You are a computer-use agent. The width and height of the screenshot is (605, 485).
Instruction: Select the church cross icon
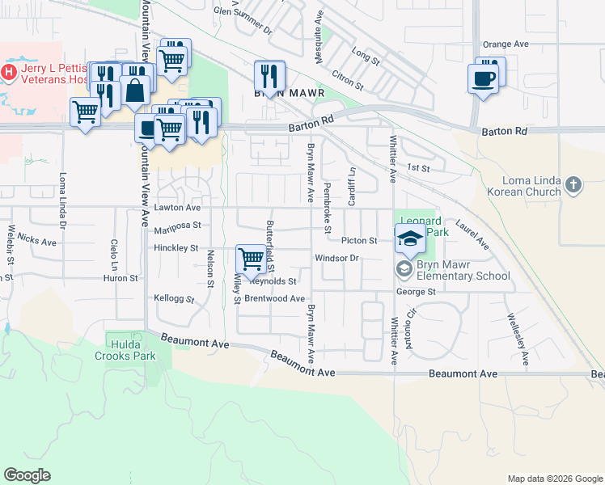[573, 185]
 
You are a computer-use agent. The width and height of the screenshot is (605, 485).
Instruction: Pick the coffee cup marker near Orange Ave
[484, 78]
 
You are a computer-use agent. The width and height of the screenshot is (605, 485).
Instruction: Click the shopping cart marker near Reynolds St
[251, 259]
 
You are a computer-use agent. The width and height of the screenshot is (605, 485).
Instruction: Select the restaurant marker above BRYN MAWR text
[269, 77]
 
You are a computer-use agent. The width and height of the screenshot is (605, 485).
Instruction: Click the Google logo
[27, 475]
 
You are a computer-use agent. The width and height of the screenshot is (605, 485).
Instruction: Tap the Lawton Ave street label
[176, 208]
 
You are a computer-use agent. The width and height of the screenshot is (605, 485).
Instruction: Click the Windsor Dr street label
[336, 258]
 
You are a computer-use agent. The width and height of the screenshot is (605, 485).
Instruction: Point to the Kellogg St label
[175, 298]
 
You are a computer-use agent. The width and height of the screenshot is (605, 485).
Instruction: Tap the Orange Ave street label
[505, 44]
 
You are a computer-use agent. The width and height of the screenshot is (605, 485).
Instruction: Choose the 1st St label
[417, 167]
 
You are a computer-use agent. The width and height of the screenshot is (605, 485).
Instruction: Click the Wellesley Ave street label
[517, 337]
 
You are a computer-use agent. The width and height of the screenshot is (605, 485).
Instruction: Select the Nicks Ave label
[37, 240]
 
